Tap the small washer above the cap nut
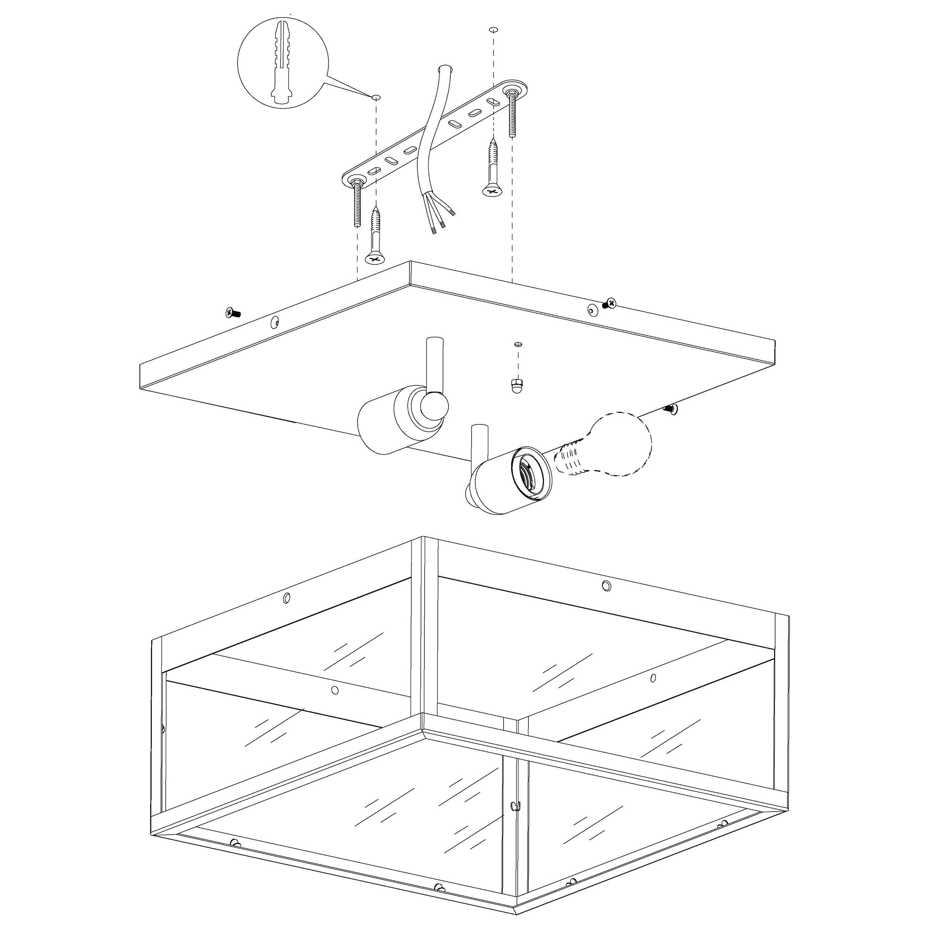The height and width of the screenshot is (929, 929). [518, 344]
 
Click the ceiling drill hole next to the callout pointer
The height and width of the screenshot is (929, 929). [376, 97]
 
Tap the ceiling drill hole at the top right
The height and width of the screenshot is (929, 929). [492, 30]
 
